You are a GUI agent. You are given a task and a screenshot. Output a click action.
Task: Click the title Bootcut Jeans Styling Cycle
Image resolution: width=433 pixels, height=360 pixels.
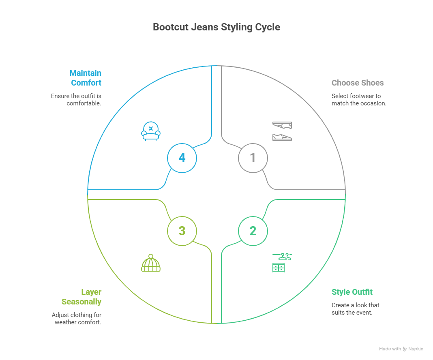[x=216, y=27]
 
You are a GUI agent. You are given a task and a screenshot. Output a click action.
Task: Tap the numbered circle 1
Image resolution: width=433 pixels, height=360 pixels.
[x=253, y=157]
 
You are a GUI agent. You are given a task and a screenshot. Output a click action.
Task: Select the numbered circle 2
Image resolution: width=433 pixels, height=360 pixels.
[x=253, y=231]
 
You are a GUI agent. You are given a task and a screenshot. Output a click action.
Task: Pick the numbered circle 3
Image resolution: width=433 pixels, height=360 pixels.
[x=182, y=231]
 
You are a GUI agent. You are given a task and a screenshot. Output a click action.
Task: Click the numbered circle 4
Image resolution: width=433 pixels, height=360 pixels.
[x=182, y=157]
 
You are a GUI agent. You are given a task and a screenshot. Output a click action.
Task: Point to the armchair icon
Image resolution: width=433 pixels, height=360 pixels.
[x=151, y=131]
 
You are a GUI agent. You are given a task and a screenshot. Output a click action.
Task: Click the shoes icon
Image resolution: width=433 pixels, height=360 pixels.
[x=282, y=131]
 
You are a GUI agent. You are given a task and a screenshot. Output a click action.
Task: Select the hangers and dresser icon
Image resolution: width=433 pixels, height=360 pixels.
[x=282, y=262]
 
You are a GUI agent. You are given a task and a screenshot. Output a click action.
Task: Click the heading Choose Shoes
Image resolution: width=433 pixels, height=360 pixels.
[x=357, y=83]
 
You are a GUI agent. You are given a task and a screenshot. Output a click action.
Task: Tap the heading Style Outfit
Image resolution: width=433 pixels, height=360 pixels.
[x=352, y=292]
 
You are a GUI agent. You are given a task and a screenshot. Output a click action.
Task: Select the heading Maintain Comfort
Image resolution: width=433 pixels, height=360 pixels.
[x=86, y=78]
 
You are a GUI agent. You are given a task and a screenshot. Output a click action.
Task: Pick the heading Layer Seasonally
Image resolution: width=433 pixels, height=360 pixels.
[x=82, y=297]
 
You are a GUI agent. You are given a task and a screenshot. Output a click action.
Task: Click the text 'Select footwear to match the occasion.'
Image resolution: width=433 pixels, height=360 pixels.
[x=358, y=100]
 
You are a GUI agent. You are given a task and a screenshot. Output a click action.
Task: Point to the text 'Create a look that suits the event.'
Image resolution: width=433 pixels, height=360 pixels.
[x=355, y=309]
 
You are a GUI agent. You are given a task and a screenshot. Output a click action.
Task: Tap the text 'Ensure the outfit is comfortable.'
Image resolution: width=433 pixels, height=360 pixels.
[x=76, y=100]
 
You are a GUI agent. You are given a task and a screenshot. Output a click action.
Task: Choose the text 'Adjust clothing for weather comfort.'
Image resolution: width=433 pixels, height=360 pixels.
[x=77, y=319]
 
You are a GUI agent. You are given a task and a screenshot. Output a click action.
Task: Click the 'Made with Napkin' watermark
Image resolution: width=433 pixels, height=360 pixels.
[x=401, y=349]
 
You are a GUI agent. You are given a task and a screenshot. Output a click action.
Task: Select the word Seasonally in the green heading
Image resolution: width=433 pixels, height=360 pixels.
[x=81, y=302]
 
